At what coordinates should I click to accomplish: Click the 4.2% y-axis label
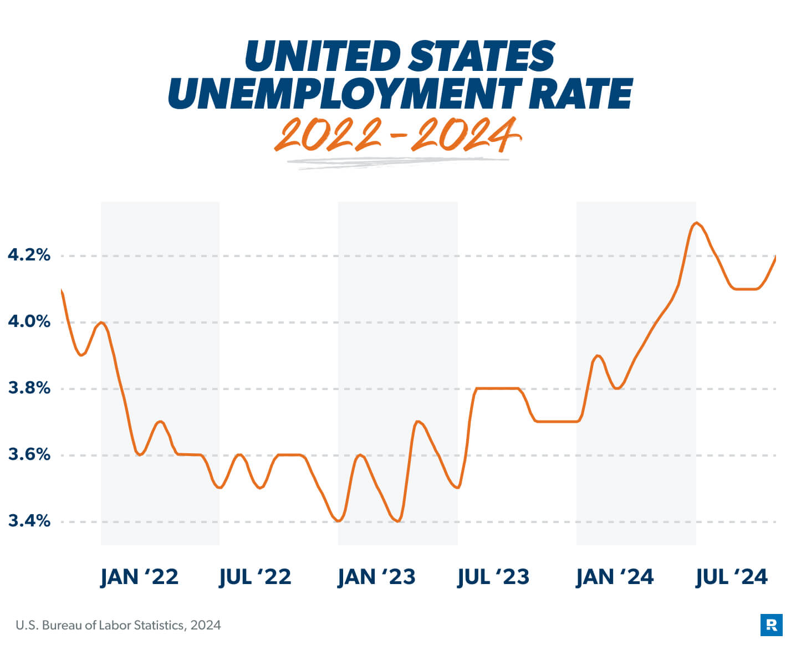tap(29, 255)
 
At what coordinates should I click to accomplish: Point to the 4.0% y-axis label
tap(29, 321)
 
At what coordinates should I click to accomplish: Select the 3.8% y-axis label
tap(29, 388)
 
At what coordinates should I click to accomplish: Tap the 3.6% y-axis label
tap(29, 454)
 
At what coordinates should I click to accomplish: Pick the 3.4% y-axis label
tap(29, 521)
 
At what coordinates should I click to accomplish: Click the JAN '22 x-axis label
tap(139, 577)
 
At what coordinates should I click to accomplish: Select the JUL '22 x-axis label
tap(255, 577)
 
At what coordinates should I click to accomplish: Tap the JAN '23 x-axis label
tap(376, 577)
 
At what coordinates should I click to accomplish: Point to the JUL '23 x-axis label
tap(493, 577)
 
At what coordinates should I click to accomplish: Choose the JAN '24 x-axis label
tap(615, 577)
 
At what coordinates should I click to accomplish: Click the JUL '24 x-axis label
tap(732, 577)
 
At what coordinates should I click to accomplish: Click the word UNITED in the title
tap(322, 57)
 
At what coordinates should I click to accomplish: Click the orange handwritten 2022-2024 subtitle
tap(397, 136)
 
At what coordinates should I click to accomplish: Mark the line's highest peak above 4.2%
tap(696, 223)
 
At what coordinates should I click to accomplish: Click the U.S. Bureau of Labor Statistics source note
tap(118, 626)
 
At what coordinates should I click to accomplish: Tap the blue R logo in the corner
tap(771, 625)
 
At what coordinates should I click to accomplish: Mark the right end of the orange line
tap(774, 257)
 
